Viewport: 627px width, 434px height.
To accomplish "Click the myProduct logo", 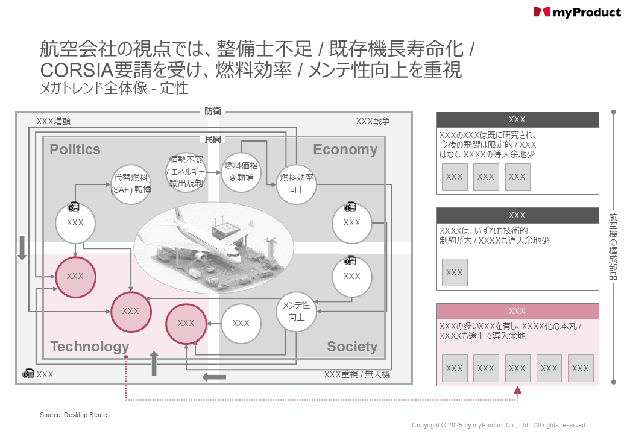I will [x=577, y=12].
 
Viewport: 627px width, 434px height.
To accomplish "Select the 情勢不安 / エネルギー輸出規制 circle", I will [x=186, y=172].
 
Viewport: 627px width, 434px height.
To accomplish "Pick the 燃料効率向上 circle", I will [x=297, y=183].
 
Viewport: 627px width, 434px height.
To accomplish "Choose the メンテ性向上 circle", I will [x=297, y=311].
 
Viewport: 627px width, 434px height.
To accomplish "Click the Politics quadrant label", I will [x=75, y=149].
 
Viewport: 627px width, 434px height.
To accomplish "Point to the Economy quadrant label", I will [x=345, y=149].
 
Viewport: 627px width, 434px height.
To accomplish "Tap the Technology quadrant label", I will [x=90, y=347].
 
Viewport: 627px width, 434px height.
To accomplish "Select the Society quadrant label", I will [x=352, y=347].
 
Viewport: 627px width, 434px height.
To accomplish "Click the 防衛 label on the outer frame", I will [x=213, y=111].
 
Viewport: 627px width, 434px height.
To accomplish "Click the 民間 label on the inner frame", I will [x=213, y=139].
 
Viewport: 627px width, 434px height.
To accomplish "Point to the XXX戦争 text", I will [x=373, y=121].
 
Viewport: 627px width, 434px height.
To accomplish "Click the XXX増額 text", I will [x=54, y=121].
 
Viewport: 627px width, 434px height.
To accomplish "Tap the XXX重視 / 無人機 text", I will [x=357, y=374].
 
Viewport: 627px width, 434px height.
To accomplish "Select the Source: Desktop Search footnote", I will [x=75, y=415].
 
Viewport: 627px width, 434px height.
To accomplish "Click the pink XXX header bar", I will [x=517, y=311].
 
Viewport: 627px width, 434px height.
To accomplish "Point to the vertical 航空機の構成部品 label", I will [x=613, y=246].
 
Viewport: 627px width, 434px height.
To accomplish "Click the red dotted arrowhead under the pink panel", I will [x=517, y=391].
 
